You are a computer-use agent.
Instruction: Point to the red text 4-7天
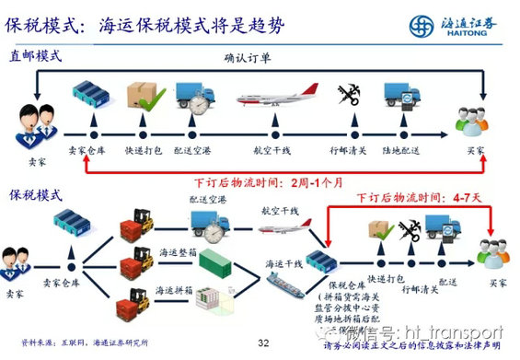466,196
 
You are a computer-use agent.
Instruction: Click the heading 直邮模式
36,55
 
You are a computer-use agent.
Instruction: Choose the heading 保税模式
36,195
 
